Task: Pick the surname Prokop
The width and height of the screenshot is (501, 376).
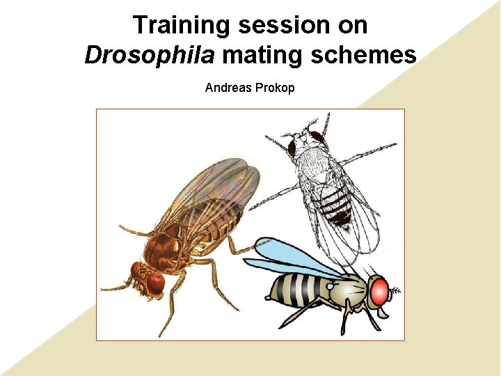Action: click(x=276, y=88)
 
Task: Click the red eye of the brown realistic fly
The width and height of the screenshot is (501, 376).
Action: click(x=155, y=281)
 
